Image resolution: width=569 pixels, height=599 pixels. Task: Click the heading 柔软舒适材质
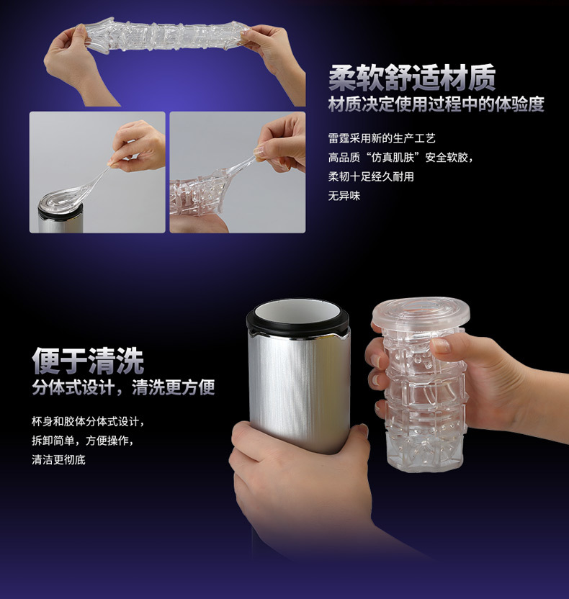tap(412, 78)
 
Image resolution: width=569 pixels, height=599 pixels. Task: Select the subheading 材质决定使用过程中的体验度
tap(436, 104)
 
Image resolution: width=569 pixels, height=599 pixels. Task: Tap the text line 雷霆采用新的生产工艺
tap(382, 138)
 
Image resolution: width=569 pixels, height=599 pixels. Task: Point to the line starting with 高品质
tap(400, 158)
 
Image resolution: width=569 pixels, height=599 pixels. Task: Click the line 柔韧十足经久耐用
tap(371, 176)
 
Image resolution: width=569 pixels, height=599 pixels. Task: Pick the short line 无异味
tap(344, 196)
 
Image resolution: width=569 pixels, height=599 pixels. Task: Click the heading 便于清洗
tap(88, 361)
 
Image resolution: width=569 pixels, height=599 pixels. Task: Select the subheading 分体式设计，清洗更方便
tap(123, 387)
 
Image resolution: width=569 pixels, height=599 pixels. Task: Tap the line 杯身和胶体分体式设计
tap(88, 422)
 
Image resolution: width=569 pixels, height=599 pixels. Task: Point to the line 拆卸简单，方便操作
tap(83, 441)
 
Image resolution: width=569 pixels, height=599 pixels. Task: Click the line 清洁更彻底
tap(58, 459)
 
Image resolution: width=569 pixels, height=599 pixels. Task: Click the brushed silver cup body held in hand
tap(299, 386)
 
